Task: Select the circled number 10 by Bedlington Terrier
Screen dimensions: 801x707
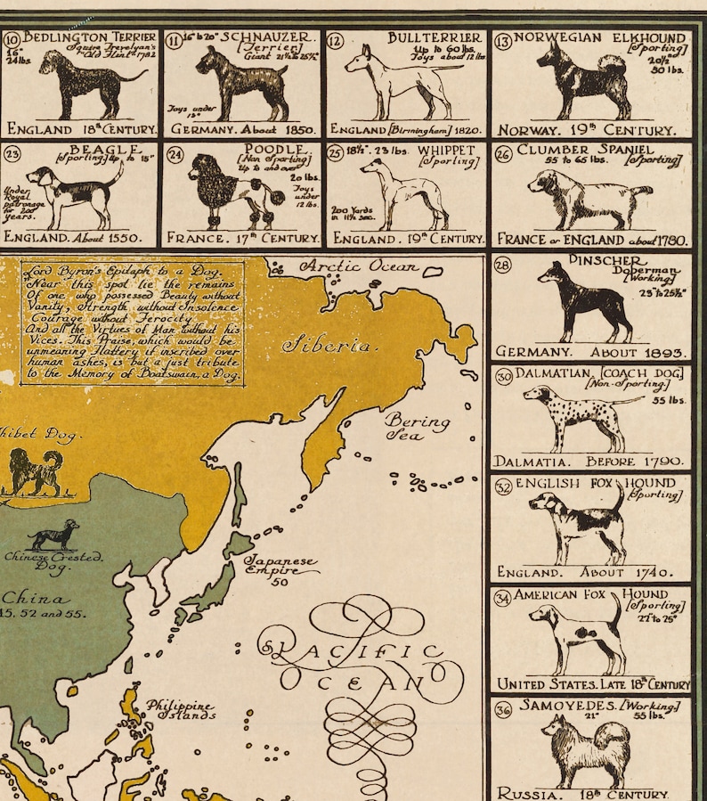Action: (12, 41)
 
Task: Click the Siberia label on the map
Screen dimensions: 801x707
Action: (328, 345)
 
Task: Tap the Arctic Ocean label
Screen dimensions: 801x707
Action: (358, 266)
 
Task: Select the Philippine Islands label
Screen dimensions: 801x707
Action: (181, 710)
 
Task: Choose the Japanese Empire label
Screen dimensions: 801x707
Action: (280, 568)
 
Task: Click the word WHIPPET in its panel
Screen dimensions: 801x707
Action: (451, 151)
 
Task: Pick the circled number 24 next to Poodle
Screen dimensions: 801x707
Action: (175, 153)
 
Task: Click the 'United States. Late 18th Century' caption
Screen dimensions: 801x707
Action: (593, 684)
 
